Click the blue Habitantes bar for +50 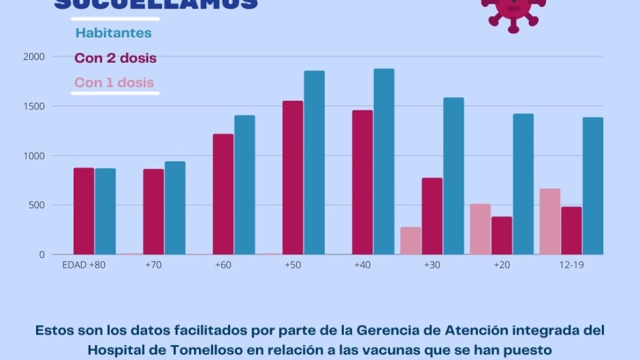(314, 163)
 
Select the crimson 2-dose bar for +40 (362, 182)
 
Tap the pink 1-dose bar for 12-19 (550, 221)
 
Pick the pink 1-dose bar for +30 (410, 240)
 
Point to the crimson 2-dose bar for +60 (223, 194)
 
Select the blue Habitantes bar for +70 (175, 208)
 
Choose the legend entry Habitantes (113, 33)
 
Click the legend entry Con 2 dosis (115, 58)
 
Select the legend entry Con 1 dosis (114, 82)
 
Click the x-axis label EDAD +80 (84, 265)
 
